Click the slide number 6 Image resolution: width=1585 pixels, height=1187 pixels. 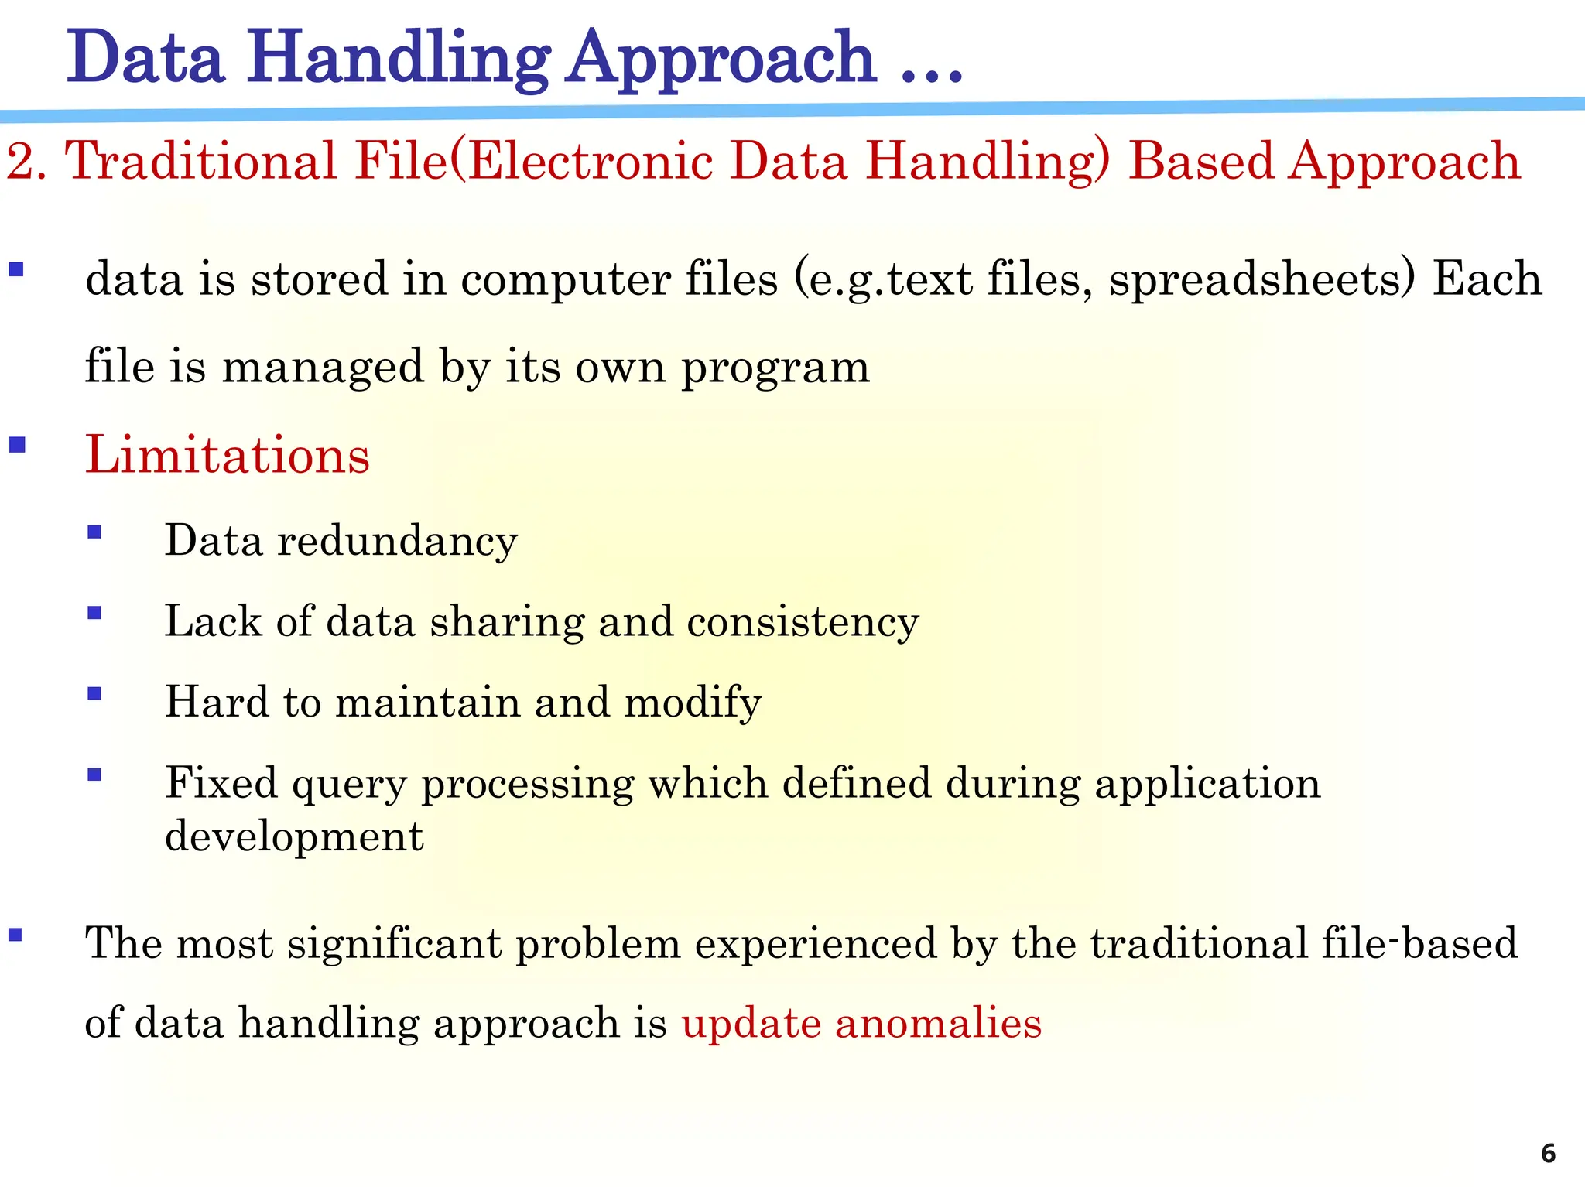pyautogui.click(x=1548, y=1153)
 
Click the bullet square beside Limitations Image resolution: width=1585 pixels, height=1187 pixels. pyautogui.click(x=17, y=445)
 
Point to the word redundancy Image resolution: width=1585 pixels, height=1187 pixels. pyautogui.click(x=397, y=540)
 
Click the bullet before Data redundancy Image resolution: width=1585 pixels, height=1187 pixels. pyautogui.click(x=94, y=532)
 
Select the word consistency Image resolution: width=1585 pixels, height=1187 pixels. pyautogui.click(x=803, y=621)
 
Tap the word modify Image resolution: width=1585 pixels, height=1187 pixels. pyautogui.click(x=693, y=703)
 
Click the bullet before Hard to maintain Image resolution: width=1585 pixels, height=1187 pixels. pyautogui.click(x=94, y=694)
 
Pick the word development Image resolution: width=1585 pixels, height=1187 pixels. pyautogui.click(x=294, y=836)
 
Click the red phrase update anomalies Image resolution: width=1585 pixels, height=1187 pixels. pyautogui.click(x=861, y=1023)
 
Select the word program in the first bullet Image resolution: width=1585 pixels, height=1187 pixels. pyautogui.click(x=775, y=367)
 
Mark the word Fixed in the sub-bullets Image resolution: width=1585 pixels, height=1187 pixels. pyautogui.click(x=221, y=783)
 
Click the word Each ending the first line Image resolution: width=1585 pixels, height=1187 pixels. pyautogui.click(x=1487, y=279)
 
